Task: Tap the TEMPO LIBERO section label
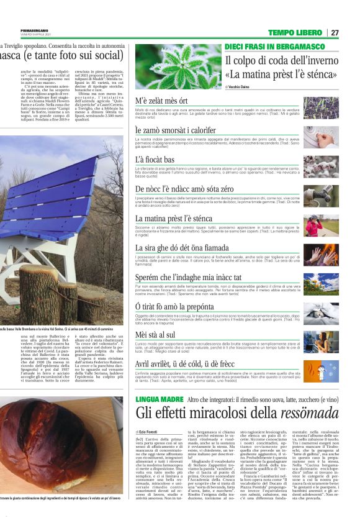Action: click(x=295, y=32)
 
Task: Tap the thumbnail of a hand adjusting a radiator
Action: click(x=321, y=136)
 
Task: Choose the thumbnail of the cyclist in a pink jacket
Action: click(x=321, y=225)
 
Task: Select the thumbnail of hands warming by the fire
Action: click(x=321, y=254)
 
